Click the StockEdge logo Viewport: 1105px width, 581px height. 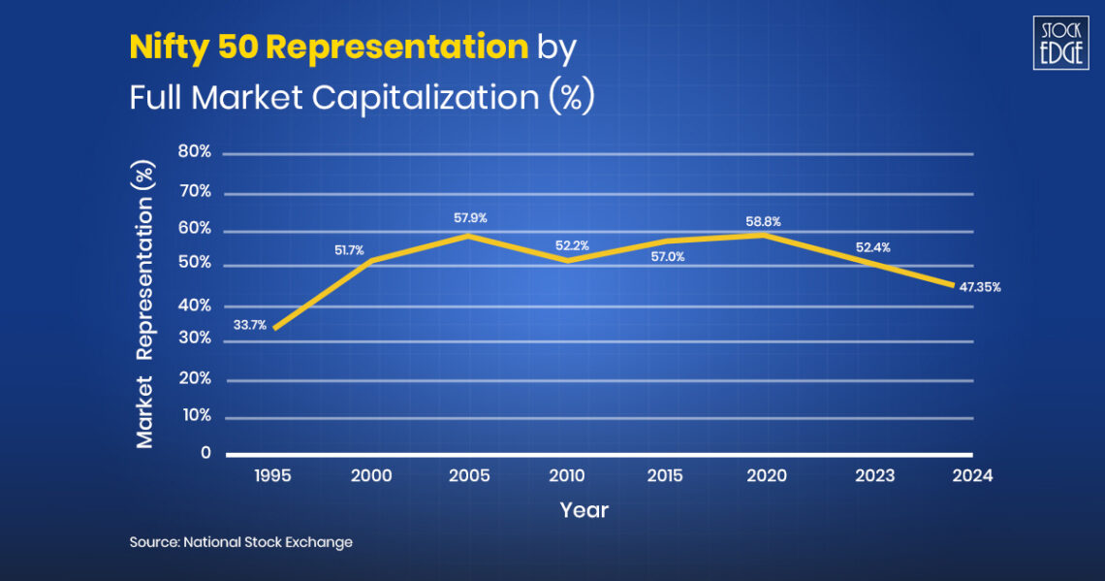(1059, 44)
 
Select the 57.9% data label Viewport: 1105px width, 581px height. (470, 218)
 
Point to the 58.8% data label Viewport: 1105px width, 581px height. (763, 222)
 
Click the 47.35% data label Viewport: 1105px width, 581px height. (979, 287)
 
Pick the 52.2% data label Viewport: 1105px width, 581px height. (572, 245)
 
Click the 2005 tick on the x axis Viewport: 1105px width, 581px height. (470, 476)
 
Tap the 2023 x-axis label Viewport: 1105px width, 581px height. (874, 476)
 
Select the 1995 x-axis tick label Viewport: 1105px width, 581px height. (273, 476)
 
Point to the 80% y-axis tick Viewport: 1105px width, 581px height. (195, 152)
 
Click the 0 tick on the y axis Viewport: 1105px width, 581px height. (205, 453)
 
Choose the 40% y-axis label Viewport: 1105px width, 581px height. (195, 306)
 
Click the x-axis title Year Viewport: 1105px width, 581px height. (584, 510)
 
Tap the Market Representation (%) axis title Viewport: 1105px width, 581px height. (145, 303)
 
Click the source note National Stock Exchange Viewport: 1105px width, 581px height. (241, 542)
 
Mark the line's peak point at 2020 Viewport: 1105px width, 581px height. (766, 234)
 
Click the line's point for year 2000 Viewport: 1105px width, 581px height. (372, 260)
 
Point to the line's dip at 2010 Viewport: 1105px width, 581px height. (567, 260)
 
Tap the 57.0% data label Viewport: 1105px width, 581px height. (667, 257)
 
